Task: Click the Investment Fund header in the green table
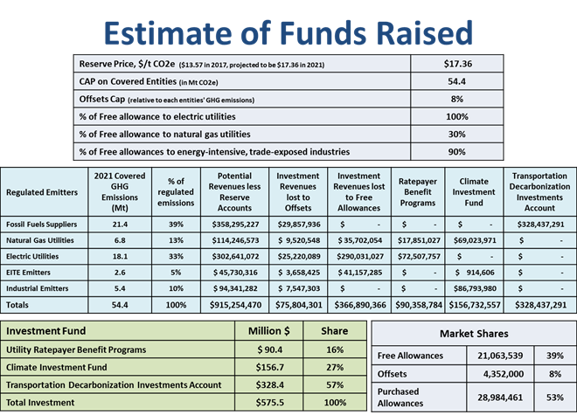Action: (x=49, y=331)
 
